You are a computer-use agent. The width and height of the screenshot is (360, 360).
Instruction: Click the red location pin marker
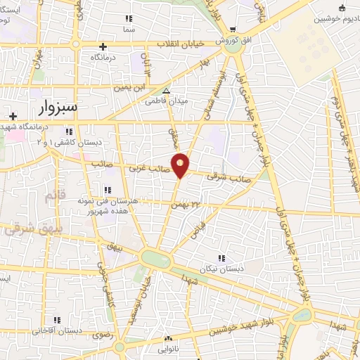click(181, 165)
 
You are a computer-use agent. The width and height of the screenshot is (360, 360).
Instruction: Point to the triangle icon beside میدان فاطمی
click(166, 91)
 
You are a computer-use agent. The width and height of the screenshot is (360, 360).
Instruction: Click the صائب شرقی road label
click(224, 178)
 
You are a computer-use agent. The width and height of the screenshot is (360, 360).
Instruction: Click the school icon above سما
click(128, 20)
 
